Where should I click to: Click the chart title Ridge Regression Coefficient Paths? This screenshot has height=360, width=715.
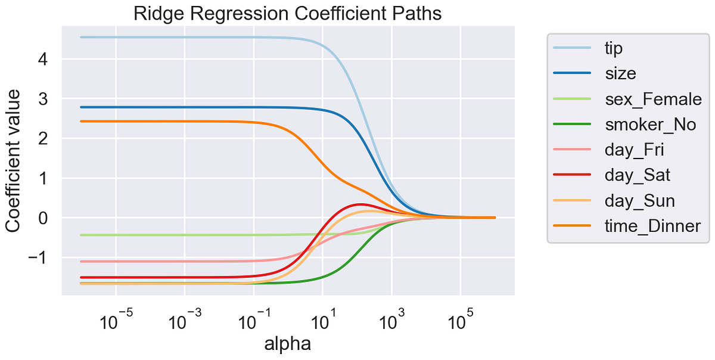click(288, 13)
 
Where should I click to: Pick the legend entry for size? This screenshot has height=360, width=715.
click(620, 74)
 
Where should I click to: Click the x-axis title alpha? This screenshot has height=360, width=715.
click(288, 344)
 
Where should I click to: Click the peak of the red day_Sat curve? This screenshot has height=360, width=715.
click(360, 204)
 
